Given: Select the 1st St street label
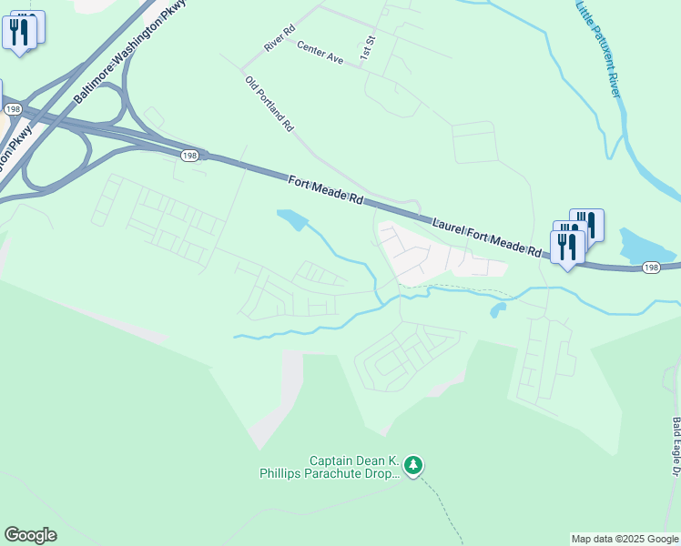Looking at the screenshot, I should point(368,48).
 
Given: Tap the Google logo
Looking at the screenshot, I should point(30,535).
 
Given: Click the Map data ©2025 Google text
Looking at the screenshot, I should point(625,539).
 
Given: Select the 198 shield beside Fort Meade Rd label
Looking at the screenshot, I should point(188,156).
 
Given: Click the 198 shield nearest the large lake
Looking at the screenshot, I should point(650,268).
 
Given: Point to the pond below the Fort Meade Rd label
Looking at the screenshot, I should point(292,219).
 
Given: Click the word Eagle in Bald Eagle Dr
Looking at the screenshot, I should point(676,446).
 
